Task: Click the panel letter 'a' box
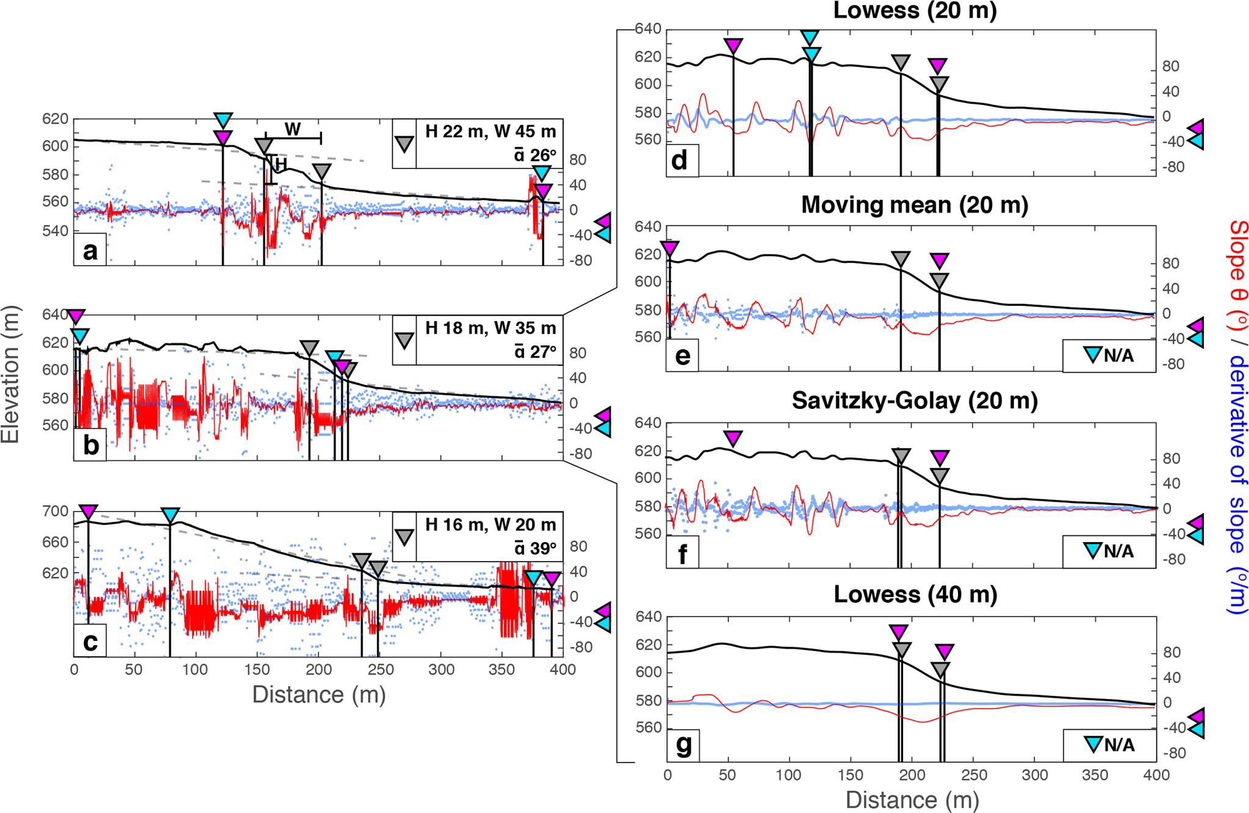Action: coord(90,250)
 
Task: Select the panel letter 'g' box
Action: coord(683,745)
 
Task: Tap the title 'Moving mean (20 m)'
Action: coord(914,205)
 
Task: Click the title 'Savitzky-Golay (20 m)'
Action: coord(914,401)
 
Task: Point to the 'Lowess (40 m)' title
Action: coord(915,594)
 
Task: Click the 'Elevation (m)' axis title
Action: coord(11,374)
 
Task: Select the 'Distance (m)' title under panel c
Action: coord(319,695)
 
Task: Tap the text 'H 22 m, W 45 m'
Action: coord(491,131)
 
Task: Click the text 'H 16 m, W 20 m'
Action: coord(491,524)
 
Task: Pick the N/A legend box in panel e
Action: coord(1109,356)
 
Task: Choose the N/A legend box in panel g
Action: coord(1109,745)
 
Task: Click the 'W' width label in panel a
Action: coord(292,129)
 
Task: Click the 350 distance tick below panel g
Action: coord(1095,775)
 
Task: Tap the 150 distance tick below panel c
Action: coord(257,670)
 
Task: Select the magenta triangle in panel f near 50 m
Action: coord(733,438)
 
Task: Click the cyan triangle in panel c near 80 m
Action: coord(170,515)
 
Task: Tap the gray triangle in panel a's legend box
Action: coord(405,144)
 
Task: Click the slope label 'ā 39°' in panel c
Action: coord(535,548)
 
